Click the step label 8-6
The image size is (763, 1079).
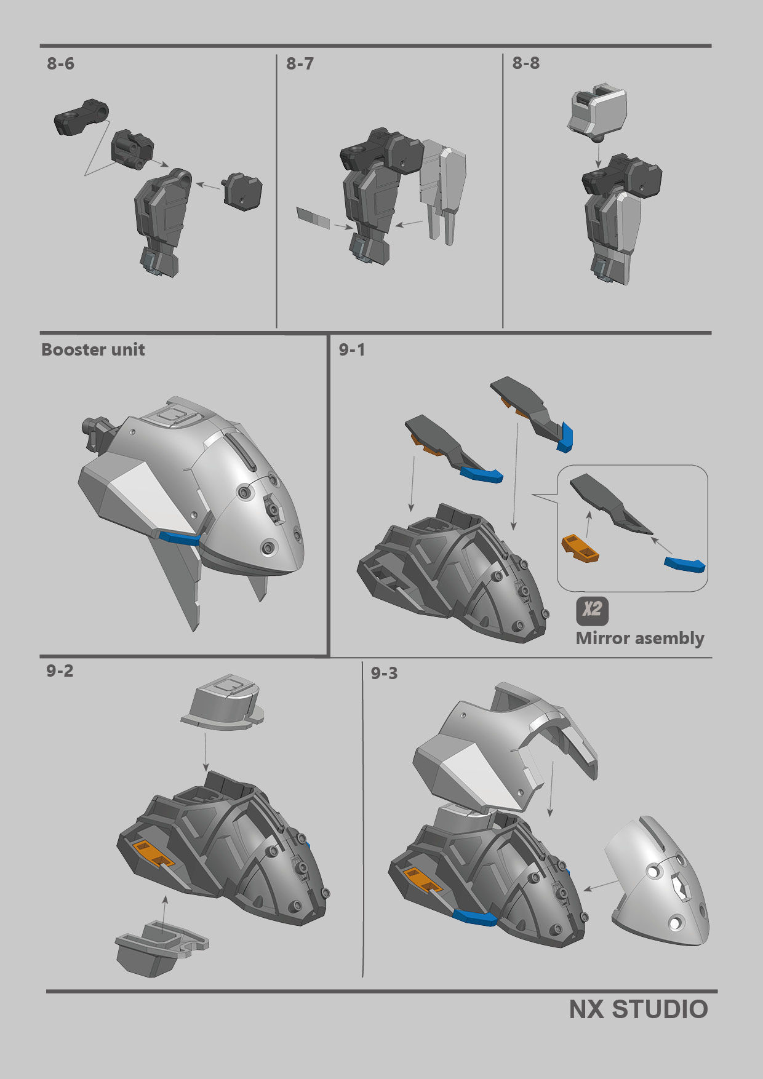pos(60,64)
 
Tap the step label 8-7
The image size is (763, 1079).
pos(300,64)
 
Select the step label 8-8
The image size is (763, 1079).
pos(526,63)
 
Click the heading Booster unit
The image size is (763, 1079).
pos(93,350)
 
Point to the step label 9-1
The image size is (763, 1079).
pos(352,350)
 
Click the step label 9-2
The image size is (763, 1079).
pos(60,671)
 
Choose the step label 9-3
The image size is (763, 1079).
pos(384,674)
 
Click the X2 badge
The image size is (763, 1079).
pos(592,610)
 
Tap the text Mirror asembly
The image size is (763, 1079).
pos(640,639)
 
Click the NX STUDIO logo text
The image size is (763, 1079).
pos(638,1010)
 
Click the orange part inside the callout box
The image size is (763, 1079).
pos(580,548)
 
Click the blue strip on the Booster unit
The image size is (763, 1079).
pos(179,538)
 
